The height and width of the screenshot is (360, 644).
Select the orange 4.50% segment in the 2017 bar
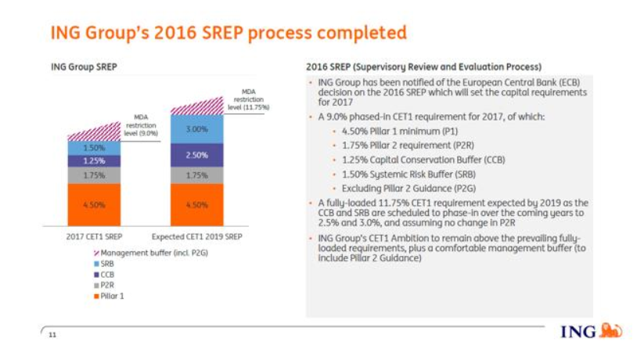pos(94,204)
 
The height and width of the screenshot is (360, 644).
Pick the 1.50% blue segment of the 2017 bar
pos(94,147)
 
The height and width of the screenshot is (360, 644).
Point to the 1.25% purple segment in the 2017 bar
pos(94,160)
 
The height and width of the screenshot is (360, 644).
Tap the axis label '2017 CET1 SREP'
pos(94,236)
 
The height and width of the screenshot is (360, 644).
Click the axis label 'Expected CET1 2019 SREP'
pos(196,236)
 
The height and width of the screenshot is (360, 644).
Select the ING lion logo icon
pos(610,331)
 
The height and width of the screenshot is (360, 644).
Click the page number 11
pos(52,334)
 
